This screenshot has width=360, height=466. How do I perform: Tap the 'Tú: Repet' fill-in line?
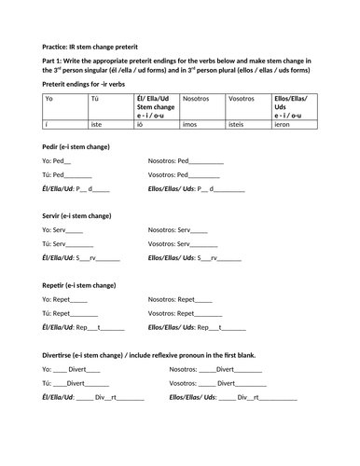tap(64, 313)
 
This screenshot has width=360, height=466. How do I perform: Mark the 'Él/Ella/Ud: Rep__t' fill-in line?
tap(83, 327)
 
